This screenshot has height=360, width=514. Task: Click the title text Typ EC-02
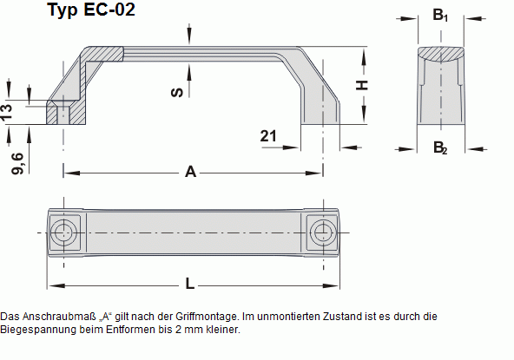[91, 11]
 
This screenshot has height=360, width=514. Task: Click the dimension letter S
[177, 90]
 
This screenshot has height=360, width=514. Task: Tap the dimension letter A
[191, 172]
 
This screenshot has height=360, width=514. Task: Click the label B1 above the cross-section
[440, 16]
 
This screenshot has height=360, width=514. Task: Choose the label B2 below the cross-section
[440, 147]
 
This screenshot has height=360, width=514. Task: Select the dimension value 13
[8, 111]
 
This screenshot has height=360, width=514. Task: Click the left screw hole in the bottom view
[63, 232]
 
